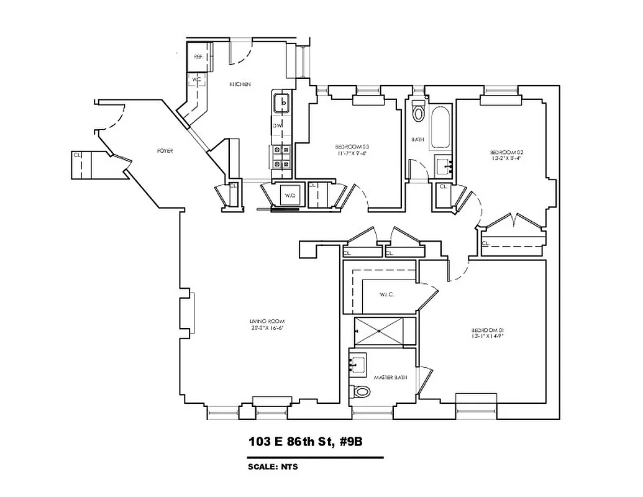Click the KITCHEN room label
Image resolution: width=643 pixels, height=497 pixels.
click(x=240, y=84)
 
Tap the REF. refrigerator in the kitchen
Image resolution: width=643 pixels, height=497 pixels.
click(x=199, y=57)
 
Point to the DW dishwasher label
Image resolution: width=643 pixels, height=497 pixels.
click(x=277, y=125)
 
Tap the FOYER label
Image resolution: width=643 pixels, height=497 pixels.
click(x=165, y=151)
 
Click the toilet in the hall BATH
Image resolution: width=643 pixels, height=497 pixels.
click(x=419, y=112)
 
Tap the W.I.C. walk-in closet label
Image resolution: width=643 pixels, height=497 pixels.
click(x=386, y=294)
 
